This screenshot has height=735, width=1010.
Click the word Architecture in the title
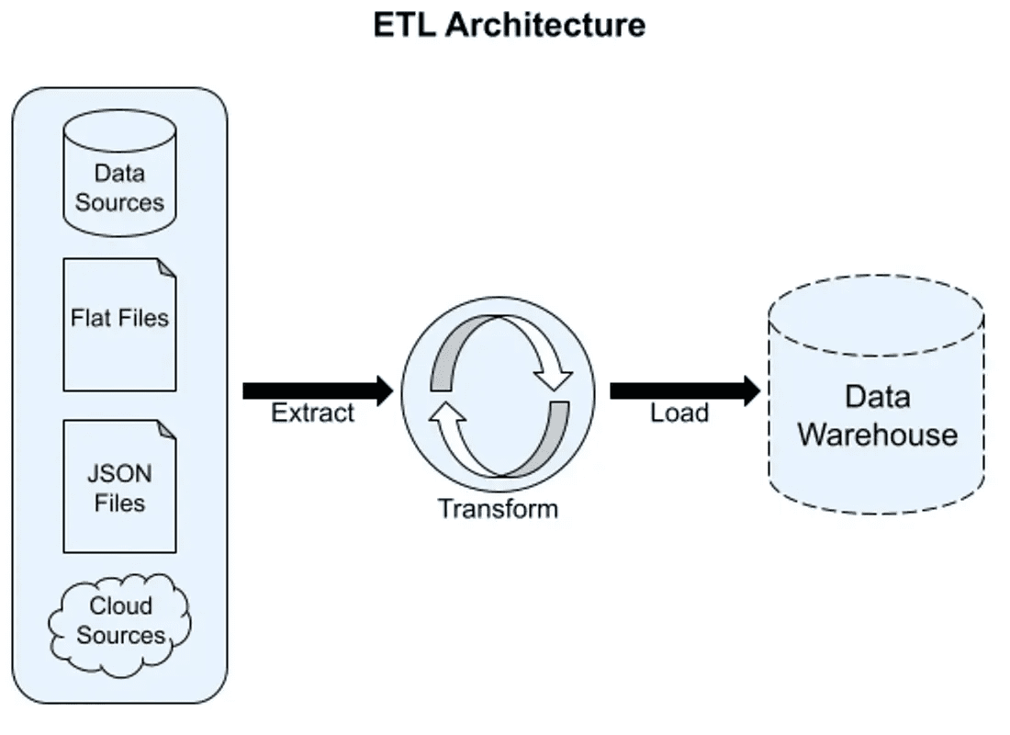point(545,25)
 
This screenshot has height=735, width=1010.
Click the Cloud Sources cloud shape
point(120,620)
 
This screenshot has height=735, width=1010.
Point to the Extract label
point(312,413)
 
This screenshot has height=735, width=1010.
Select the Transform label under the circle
point(498,508)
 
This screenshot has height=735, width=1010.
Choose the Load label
point(679,413)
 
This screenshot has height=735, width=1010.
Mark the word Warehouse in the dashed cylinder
point(877,435)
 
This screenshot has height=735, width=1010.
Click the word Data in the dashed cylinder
point(877,398)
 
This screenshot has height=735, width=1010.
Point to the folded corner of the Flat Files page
point(166,267)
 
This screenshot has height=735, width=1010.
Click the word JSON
point(119,475)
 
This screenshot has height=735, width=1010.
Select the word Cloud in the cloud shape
point(120,606)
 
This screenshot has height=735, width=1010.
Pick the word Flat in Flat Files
point(87,318)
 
